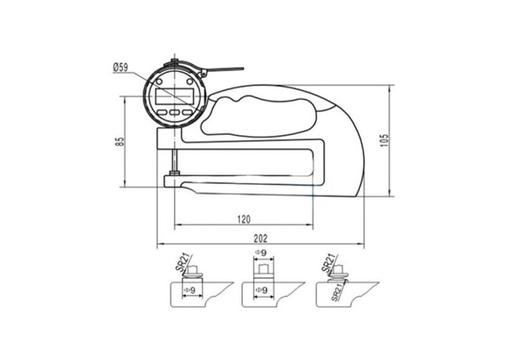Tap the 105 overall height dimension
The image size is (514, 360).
tap(384, 141)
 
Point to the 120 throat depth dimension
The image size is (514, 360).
tap(244, 219)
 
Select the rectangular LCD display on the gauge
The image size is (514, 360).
tap(174, 96)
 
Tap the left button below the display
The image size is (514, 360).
tap(161, 111)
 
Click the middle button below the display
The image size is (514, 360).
tap(174, 112)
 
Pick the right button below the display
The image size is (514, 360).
tap(188, 111)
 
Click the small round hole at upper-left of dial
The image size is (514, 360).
tap(154, 84)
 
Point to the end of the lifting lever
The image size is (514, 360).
tap(242, 69)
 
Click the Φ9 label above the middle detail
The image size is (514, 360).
tap(261, 253)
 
